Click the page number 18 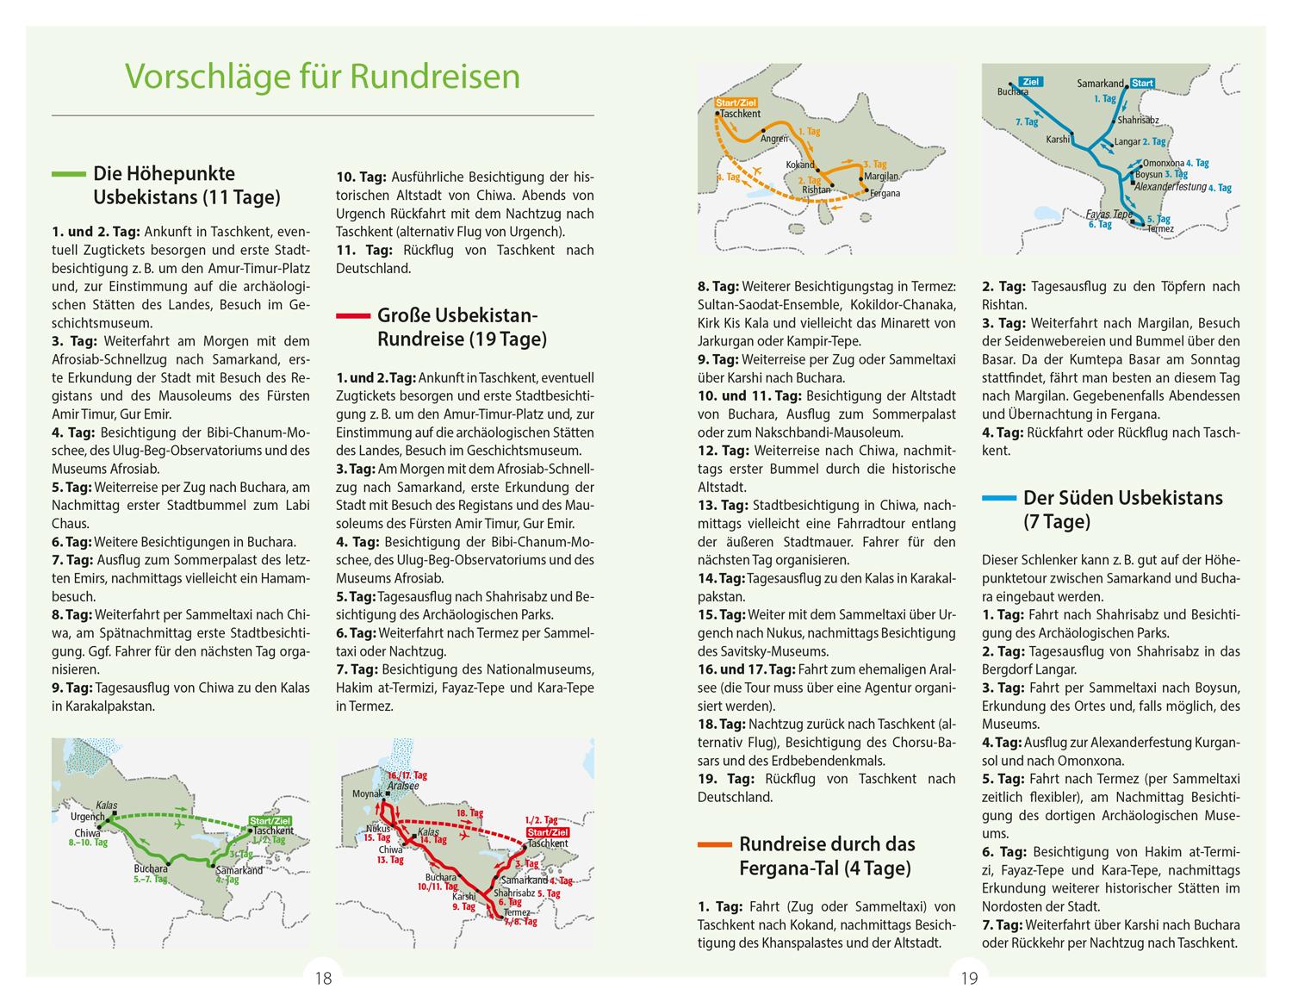(x=323, y=978)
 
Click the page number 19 (x=969, y=978)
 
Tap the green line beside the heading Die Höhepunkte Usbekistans (x=68, y=174)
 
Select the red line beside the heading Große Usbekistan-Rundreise (x=352, y=316)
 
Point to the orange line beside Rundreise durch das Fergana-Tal (x=714, y=844)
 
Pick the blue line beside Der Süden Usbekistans (x=998, y=498)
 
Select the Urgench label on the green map (x=88, y=816)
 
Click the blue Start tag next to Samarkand (x=1142, y=84)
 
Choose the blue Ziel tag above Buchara (x=1031, y=82)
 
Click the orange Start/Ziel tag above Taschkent (x=736, y=103)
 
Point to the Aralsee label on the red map (x=404, y=786)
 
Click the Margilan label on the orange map (x=880, y=176)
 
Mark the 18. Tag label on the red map (x=469, y=812)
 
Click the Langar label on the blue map (x=1127, y=141)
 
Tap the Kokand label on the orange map (x=800, y=165)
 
